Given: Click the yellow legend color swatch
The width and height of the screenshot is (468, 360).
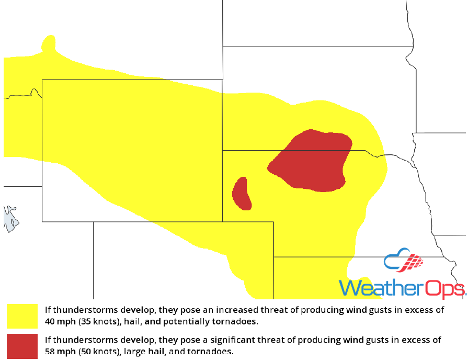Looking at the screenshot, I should [x=22, y=316].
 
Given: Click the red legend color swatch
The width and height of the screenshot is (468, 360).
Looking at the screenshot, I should [x=22, y=346].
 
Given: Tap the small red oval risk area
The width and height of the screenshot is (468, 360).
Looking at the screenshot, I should [x=241, y=193].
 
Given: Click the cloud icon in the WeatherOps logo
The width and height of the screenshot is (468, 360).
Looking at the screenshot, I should [x=395, y=261].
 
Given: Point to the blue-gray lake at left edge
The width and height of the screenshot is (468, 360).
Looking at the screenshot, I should [x=10, y=218].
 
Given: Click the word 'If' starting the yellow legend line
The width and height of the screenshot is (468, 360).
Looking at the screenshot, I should [x=47, y=310].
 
